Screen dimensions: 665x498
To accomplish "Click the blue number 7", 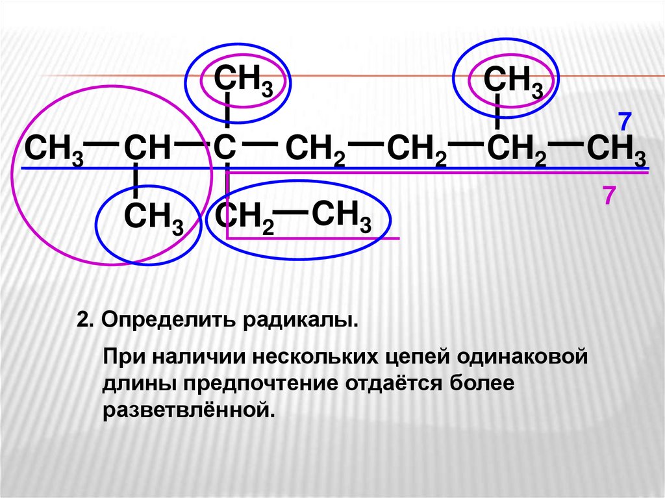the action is coord(625,122).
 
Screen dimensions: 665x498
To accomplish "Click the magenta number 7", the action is coord(609,195).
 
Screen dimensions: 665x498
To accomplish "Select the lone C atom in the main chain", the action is coord(224,149).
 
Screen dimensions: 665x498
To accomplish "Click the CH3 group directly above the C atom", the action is coord(243,81).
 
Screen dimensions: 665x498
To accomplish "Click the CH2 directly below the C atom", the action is coord(244,218).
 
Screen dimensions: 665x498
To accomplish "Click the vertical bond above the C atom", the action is coord(227,110).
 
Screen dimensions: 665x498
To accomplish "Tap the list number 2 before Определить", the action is coord(82,321).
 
